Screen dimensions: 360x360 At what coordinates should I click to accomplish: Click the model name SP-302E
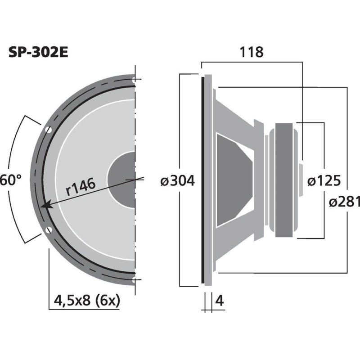(38, 53)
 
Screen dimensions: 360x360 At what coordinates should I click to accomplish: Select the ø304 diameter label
(177, 181)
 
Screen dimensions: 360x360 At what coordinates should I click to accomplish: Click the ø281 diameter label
(344, 202)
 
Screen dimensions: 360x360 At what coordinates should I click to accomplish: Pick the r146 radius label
(81, 185)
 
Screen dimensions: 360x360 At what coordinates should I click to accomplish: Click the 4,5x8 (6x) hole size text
(87, 300)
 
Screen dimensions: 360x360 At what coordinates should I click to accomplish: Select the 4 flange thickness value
(220, 301)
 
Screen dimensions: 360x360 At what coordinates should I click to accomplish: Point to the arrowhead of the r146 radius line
(44, 206)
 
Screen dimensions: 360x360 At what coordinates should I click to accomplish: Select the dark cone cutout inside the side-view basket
(232, 180)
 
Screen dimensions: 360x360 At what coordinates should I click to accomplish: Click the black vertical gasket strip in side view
(203, 180)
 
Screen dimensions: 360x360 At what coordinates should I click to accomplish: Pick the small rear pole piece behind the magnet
(300, 180)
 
